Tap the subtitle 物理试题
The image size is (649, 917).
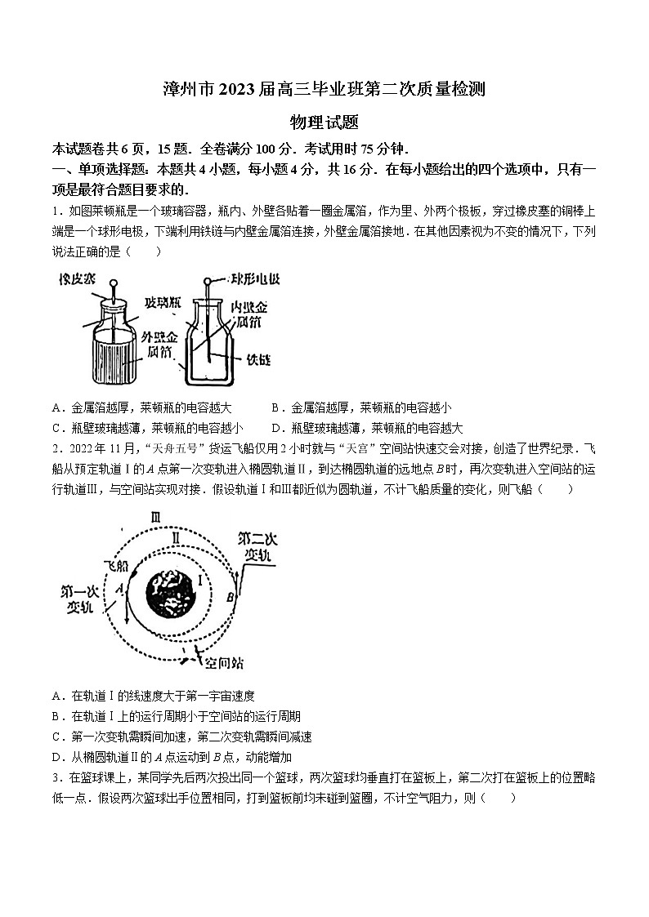click(324, 122)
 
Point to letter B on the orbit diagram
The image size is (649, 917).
click(231, 597)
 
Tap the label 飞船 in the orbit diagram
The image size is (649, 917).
click(116, 565)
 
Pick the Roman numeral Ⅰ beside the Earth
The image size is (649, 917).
click(200, 581)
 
